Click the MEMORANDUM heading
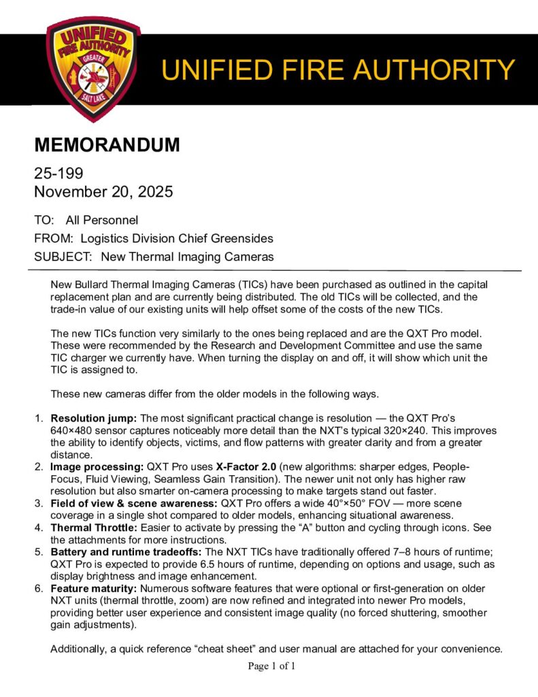click(x=107, y=145)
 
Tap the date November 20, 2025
click(x=103, y=192)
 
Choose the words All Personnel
click(x=102, y=220)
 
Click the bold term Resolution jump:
click(x=94, y=417)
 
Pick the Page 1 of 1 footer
click(x=271, y=666)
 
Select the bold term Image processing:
click(x=96, y=466)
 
